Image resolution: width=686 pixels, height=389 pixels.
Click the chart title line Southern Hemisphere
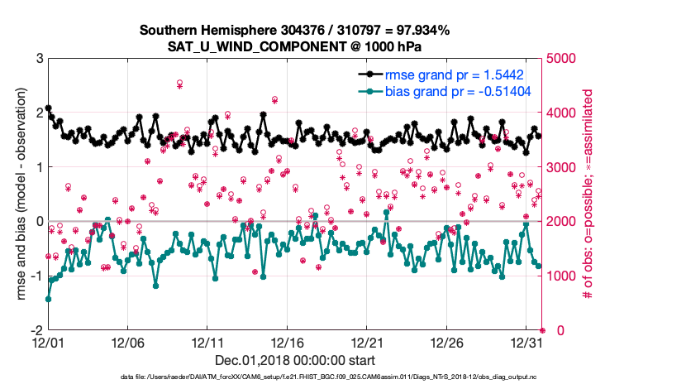pos(294,31)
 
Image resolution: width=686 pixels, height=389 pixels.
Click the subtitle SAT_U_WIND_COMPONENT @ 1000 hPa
pos(294,46)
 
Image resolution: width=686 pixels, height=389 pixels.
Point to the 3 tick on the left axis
pos(39,59)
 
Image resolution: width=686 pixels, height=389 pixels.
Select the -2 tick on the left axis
pos(36,330)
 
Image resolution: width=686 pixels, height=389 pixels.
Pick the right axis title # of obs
pos(589,194)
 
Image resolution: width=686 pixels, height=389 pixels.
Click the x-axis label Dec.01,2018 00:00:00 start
pos(294,360)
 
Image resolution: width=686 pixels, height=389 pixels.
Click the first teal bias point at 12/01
pos(48,299)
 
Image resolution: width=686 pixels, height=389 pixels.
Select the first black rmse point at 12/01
pos(48,108)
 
